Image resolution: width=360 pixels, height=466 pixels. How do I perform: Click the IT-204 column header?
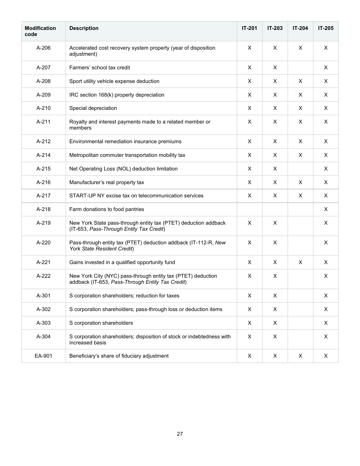(300, 28)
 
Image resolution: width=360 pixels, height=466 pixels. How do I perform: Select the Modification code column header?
(40, 31)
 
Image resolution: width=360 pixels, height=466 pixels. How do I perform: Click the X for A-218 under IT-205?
(326, 210)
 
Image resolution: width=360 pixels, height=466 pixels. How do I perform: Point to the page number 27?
(180, 434)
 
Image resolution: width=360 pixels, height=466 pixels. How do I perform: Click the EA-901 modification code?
(43, 356)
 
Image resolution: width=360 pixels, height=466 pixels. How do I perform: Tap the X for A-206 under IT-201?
(249, 48)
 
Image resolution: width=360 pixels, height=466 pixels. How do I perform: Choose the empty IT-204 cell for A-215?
(300, 169)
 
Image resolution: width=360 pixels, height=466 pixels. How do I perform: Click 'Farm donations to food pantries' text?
(106, 210)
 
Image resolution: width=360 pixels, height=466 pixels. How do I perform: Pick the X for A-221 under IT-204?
(300, 263)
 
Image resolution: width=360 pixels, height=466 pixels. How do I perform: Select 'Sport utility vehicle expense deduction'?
(114, 81)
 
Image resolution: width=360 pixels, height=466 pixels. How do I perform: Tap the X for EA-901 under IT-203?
(275, 356)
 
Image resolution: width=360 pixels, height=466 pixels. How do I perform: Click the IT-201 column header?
(249, 28)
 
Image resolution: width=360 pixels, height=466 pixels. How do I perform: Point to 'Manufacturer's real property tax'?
(106, 183)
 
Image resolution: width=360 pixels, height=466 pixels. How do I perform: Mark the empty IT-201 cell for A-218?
(249, 210)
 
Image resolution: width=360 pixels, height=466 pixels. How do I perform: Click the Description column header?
(84, 28)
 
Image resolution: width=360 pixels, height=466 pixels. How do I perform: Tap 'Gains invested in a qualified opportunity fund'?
(122, 263)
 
